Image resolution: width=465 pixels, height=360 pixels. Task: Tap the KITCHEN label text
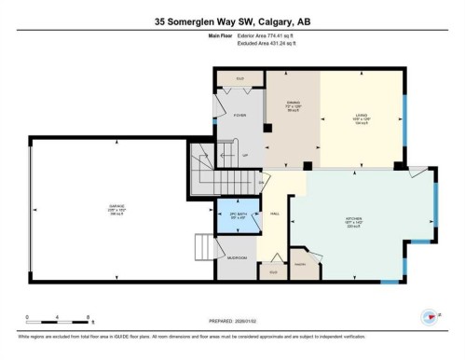[353, 220]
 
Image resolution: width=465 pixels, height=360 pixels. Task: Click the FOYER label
[239, 116]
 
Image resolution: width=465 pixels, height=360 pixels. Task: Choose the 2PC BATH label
[238, 215]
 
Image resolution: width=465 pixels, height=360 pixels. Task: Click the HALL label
[277, 214]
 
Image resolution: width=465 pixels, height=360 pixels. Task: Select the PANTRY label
[301, 265]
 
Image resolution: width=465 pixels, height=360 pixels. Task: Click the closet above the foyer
[239, 78]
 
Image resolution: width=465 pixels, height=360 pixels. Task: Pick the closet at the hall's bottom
[273, 271]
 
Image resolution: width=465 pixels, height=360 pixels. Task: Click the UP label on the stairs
[245, 155]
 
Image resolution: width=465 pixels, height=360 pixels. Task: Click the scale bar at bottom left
[57, 317]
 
